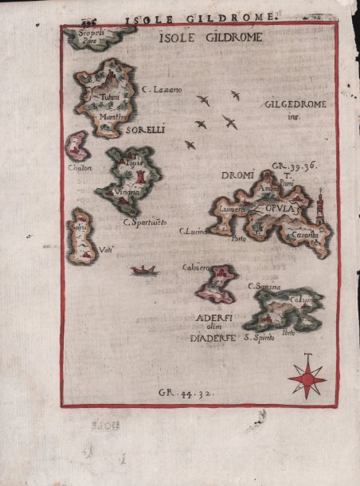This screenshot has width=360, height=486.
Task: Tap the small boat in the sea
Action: point(144,270)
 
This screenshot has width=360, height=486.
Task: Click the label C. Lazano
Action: point(162,90)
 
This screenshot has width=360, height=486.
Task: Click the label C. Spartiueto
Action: point(145,221)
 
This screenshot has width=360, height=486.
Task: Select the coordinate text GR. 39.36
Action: point(295,167)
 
